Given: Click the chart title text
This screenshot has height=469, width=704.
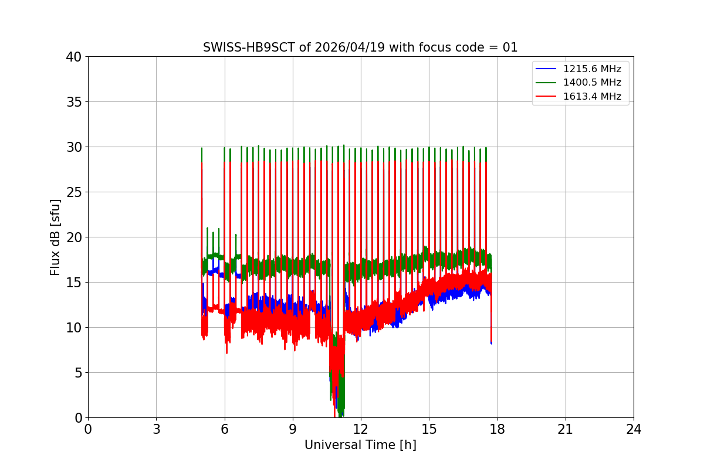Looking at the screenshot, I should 360,47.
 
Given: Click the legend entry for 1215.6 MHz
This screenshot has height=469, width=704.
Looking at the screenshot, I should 596,69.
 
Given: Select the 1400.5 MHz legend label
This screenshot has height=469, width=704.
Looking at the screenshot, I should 596,83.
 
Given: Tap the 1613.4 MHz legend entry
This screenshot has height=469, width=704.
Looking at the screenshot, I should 596,96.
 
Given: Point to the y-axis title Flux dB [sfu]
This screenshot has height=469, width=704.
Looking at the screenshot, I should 55,237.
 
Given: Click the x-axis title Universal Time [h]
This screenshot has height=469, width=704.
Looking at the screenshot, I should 360,445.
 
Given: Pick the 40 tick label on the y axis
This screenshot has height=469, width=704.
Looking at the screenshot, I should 74,57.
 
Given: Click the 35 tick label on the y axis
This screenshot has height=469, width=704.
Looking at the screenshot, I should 74,102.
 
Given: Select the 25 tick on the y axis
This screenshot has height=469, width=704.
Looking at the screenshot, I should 74,192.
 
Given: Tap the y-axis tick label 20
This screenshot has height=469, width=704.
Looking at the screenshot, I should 74,237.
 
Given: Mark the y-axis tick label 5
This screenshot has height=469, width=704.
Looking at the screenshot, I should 77,373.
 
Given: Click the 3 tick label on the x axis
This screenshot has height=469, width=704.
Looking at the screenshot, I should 156,429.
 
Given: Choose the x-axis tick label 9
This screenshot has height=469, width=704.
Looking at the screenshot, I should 293,429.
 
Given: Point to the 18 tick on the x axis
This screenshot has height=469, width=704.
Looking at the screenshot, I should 497,429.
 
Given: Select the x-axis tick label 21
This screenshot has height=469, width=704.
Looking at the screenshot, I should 566,429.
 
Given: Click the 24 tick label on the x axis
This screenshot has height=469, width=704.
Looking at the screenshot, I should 634,429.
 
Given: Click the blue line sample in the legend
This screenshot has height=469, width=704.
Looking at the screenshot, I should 546,69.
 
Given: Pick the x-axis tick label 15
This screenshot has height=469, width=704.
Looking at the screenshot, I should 429,429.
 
